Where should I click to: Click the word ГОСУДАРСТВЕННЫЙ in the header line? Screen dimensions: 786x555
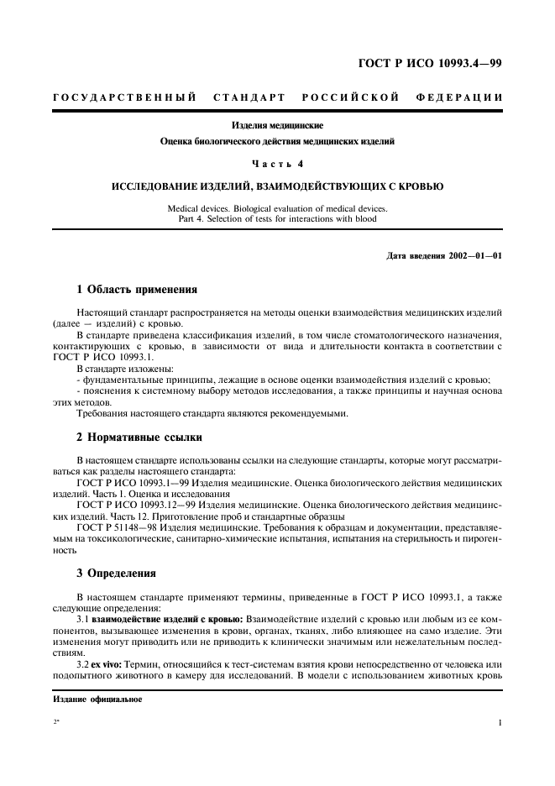point(125,97)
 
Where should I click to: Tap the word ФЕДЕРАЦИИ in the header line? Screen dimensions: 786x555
point(459,97)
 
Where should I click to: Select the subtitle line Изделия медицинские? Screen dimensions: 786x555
point(277,126)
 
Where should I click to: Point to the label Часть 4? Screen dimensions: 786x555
point(277,164)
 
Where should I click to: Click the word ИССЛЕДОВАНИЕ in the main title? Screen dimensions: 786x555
point(161,186)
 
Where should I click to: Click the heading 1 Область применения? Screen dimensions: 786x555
point(137,290)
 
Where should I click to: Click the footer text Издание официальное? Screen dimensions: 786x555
point(86,700)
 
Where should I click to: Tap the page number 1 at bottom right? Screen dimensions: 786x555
point(500,722)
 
